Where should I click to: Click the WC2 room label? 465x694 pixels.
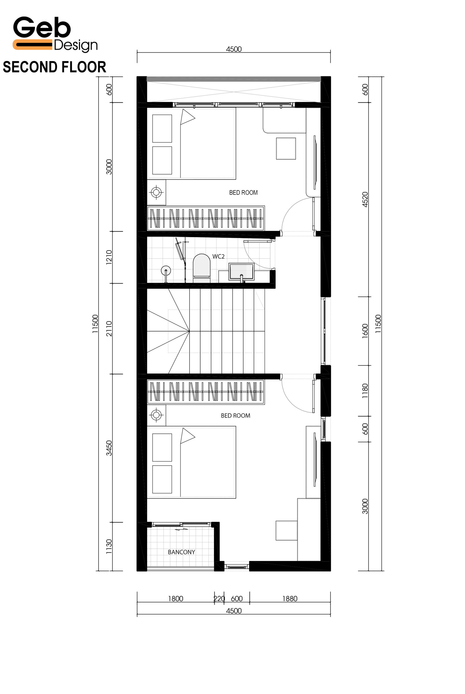coord(218,256)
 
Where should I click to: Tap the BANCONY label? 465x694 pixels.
coord(181,552)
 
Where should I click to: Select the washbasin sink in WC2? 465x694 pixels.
coord(241,271)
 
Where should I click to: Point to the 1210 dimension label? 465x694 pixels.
coord(109,257)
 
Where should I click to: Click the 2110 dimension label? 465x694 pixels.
coord(109,329)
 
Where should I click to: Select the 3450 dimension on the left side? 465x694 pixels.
coord(109,448)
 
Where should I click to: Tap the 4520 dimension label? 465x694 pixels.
coord(365,200)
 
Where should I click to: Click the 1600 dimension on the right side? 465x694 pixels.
coord(365,331)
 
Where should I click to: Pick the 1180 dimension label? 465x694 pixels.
coord(365,391)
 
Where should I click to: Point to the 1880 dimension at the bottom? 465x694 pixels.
coord(290,599)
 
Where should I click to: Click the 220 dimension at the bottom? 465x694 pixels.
coord(219,599)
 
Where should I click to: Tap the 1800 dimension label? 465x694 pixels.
coord(176,599)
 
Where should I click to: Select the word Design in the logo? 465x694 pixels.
coord(76,45)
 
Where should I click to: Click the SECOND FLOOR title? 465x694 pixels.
coord(54,67)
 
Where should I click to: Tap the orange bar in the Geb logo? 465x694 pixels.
coord(32,44)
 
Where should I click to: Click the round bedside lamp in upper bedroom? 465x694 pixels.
coord(156,192)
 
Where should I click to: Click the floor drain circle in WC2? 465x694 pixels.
coord(166,270)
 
